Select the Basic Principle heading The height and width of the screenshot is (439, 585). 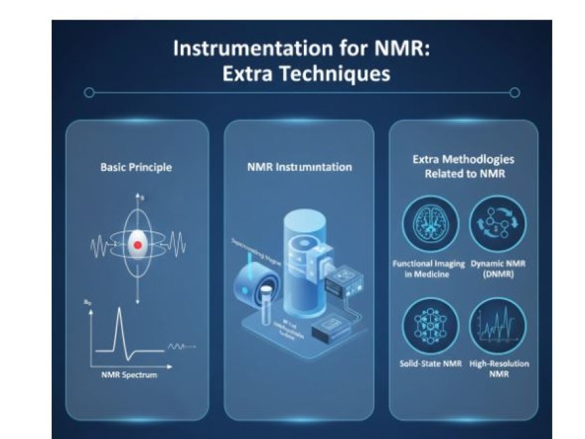[136, 167]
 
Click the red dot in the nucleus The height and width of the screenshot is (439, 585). [138, 245]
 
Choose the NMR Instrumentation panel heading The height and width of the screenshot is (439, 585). [299, 167]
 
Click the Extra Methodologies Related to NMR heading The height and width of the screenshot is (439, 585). [463, 167]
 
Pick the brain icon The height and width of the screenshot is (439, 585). [430, 224]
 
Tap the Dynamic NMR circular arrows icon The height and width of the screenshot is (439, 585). [498, 224]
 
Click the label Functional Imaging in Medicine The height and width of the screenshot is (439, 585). [429, 270]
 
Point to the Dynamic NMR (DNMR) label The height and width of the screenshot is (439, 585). [498, 270]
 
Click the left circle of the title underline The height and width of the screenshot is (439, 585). [89, 93]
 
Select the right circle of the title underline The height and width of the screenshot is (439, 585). [514, 93]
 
